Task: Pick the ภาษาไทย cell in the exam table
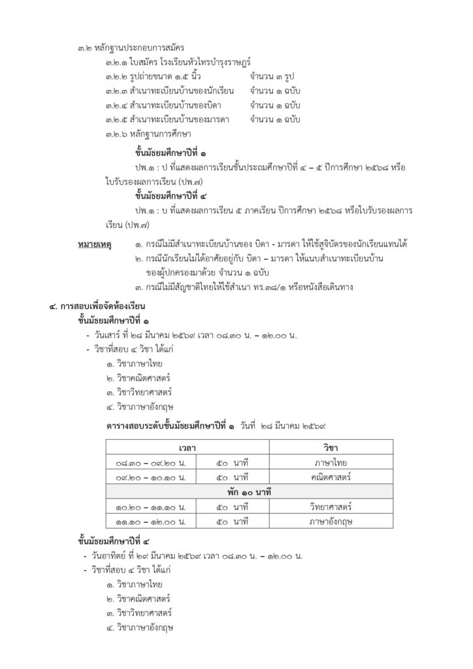point(331,463)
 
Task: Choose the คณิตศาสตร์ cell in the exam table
point(331,477)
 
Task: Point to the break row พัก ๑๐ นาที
point(249,492)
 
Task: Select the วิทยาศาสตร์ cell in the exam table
point(331,506)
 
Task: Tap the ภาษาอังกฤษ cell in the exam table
point(331,521)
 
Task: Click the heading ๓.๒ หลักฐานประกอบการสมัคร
point(131,48)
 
